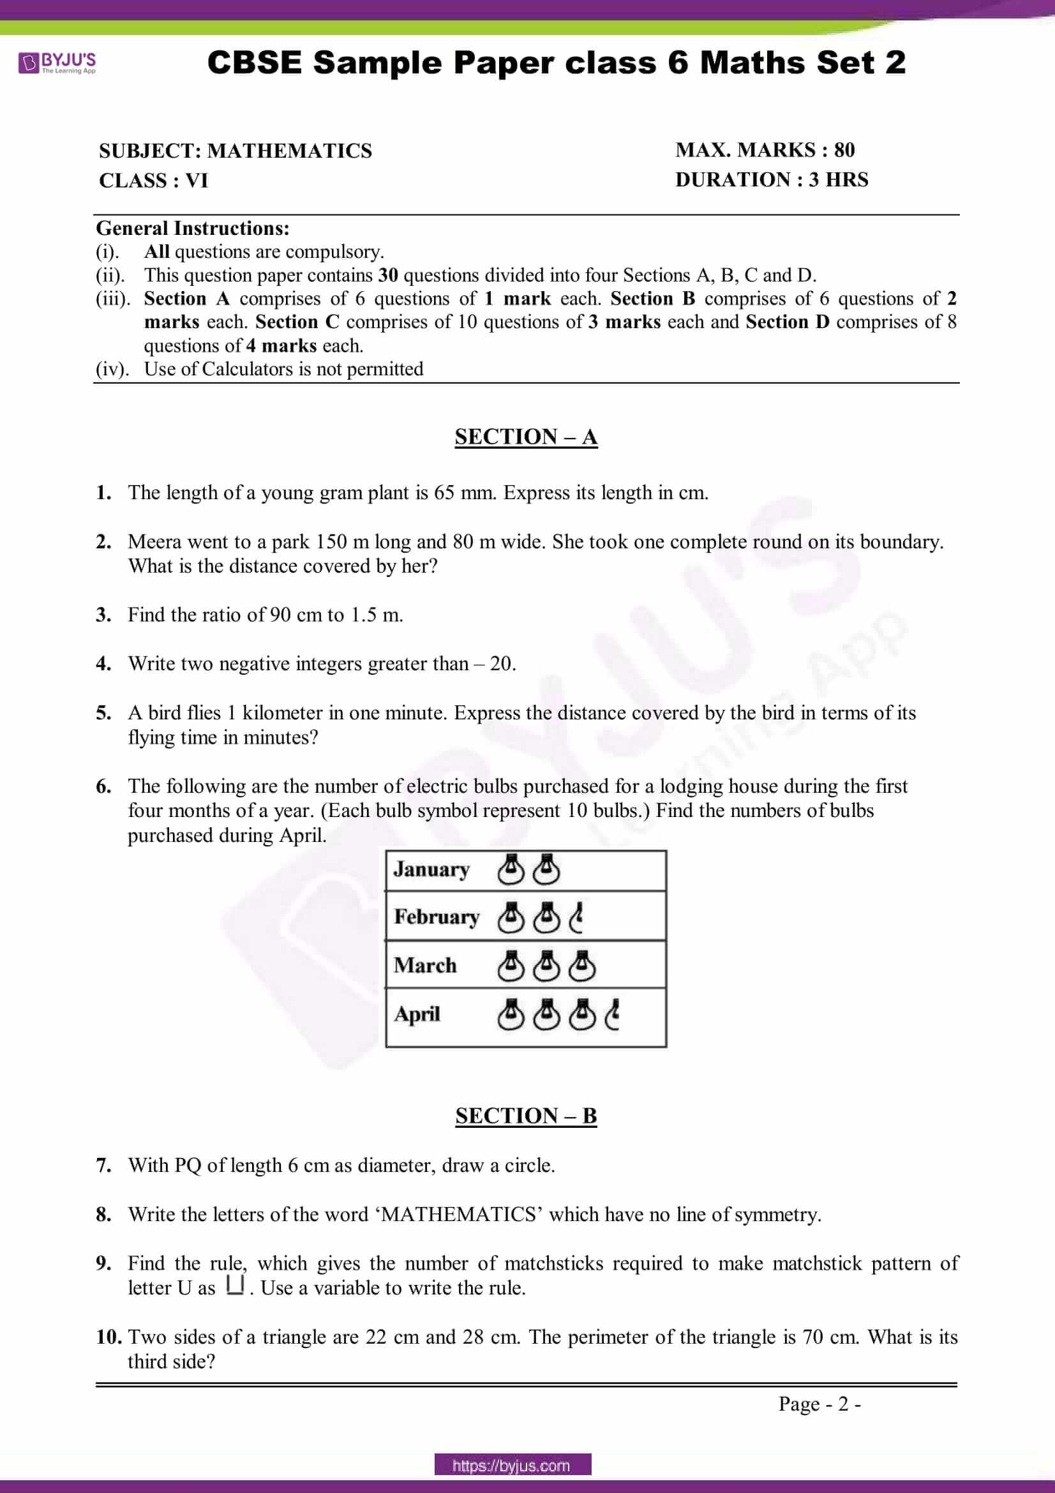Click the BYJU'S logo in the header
coord(57,63)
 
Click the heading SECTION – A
coord(525,437)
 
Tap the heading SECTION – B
coord(525,1115)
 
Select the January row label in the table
coord(431,869)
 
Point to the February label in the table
coord(436,917)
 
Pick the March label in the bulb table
coord(425,965)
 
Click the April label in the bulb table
coord(417,1014)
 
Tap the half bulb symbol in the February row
coord(576,917)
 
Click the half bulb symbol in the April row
coord(611,1015)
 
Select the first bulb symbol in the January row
coord(511,869)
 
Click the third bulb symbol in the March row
coord(582,966)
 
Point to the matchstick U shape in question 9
coord(236,1285)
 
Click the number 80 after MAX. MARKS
coord(844,150)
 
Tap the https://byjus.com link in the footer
coord(513,1466)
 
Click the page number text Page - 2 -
coord(819,1404)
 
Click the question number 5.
coord(103,714)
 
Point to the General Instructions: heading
coord(192,229)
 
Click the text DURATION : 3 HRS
coord(771,180)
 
